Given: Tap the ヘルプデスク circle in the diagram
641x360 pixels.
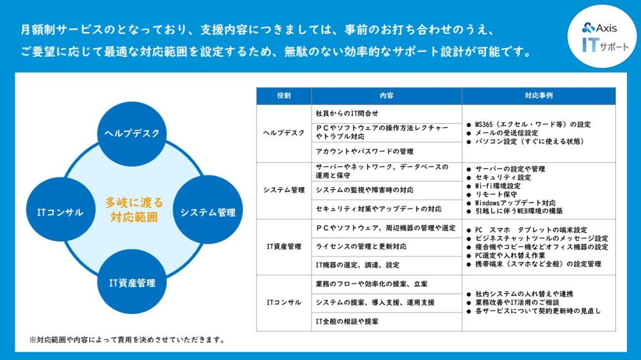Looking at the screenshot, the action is pos(131,134).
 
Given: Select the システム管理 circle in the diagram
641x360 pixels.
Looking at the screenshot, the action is pos(208,211).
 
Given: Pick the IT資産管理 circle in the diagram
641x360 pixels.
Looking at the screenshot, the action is pos(131,282).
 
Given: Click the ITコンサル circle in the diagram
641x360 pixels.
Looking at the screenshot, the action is pos(60,211).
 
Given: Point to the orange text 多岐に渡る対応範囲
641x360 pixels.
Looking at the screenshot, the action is pos(134,209).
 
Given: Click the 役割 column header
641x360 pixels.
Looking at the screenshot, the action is pos(284,95).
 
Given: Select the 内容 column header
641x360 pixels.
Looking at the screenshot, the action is pos(387,95).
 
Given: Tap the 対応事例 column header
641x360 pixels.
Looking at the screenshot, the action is pos(539,95).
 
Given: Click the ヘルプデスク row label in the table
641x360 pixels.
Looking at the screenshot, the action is pos(284,133).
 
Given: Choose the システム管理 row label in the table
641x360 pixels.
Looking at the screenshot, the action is pos(284,190).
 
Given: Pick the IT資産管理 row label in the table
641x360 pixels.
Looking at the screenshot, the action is pos(284,247).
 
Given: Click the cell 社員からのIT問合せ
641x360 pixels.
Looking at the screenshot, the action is pos(347,113).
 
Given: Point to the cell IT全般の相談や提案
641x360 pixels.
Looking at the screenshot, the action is pos(347,322).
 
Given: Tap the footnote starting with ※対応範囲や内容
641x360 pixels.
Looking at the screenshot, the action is pos(127,340).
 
